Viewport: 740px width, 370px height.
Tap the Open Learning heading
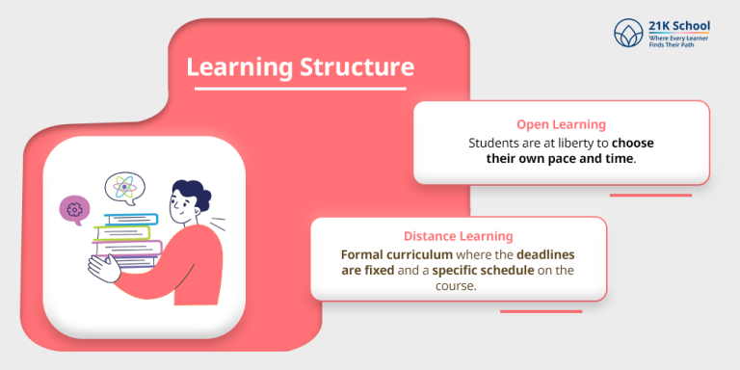561,124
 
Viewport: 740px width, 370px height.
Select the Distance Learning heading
458,236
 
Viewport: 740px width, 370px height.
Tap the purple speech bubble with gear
74,209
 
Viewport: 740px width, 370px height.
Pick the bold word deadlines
545,254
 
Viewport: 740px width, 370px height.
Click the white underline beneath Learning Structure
300,90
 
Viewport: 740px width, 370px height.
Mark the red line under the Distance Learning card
541,311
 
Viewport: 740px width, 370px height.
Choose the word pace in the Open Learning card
563,158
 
